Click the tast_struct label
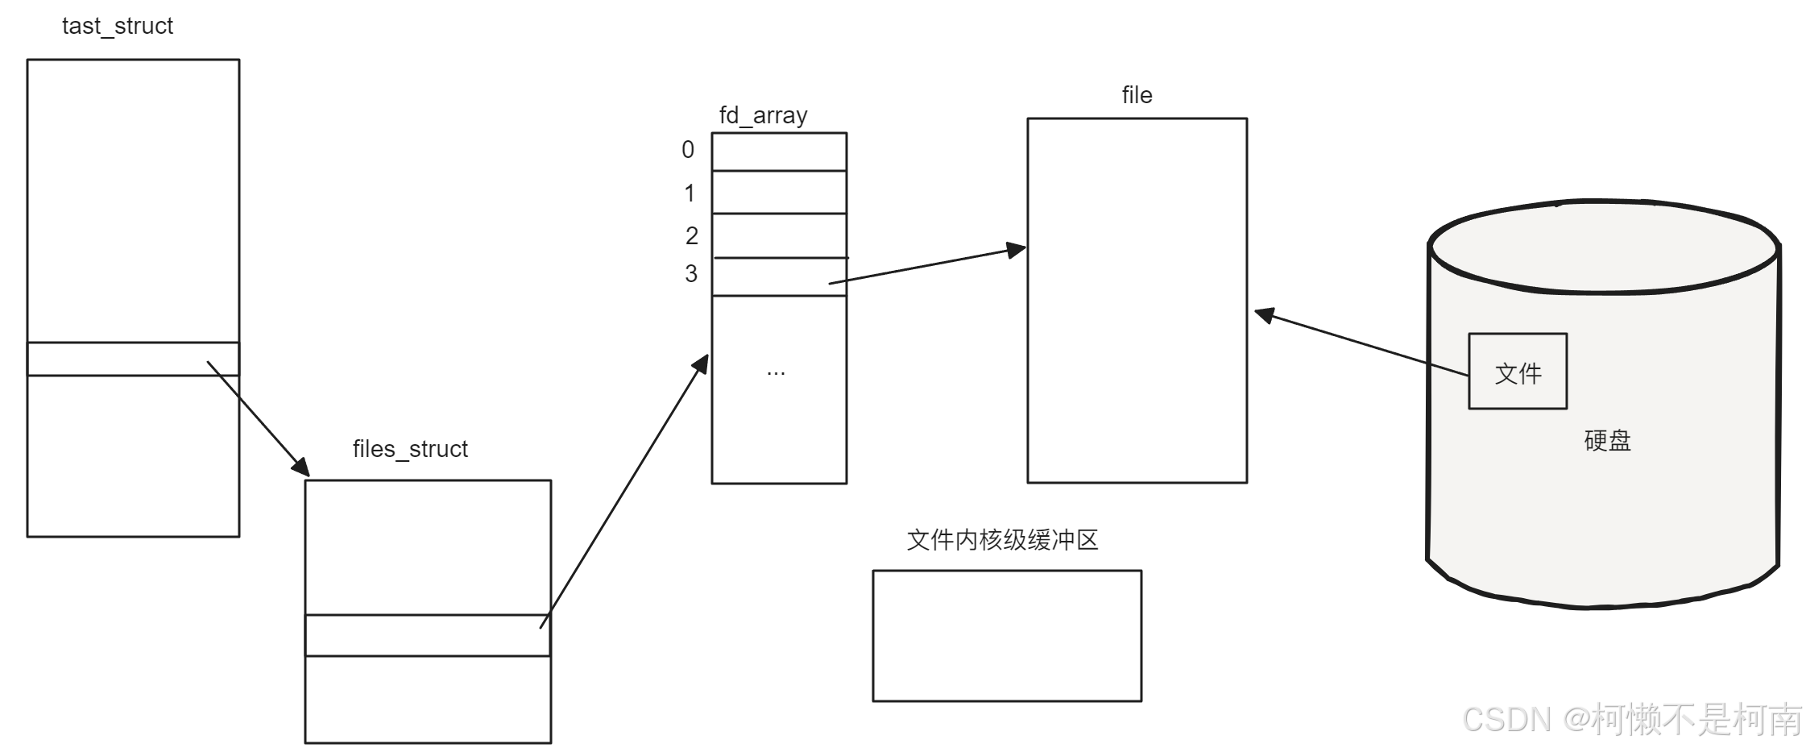click(x=118, y=27)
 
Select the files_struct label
click(x=410, y=449)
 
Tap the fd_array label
click(x=763, y=115)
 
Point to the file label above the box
click(x=1137, y=95)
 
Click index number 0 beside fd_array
click(x=688, y=150)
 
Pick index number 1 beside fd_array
click(x=690, y=193)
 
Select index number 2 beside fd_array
click(x=692, y=235)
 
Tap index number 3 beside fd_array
click(x=691, y=274)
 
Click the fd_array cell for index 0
click(x=779, y=152)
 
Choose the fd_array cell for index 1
click(x=779, y=192)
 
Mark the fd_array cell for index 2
click(x=779, y=235)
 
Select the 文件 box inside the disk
click(x=1518, y=372)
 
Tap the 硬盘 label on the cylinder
click(x=1607, y=441)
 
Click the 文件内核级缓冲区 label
click(x=1002, y=540)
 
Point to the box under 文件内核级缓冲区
click(x=1007, y=636)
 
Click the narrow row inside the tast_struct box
click(x=133, y=359)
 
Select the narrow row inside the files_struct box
click(x=428, y=635)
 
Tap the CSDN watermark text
click(x=1631, y=719)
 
